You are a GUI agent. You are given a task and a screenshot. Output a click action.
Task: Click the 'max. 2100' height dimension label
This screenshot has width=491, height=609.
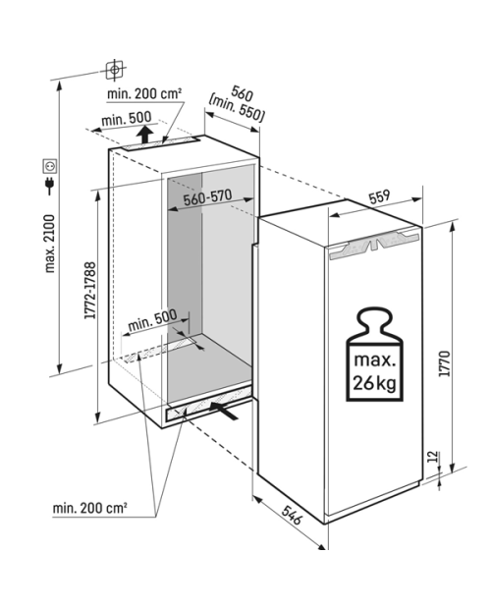pos(50,244)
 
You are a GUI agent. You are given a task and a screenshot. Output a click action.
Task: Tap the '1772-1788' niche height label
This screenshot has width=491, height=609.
pos(90,291)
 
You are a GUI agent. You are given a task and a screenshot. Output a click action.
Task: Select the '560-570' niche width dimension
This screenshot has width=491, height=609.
pos(207,197)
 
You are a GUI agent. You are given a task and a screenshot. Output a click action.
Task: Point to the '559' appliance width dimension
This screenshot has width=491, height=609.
pos(379,196)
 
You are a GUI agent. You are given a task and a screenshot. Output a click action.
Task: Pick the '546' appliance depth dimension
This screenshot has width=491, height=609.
pos(291,515)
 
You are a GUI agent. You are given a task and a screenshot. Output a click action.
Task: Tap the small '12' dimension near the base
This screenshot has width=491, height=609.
pos(434,456)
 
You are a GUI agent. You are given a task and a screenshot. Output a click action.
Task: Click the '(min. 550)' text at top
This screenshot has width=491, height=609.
pos(237,108)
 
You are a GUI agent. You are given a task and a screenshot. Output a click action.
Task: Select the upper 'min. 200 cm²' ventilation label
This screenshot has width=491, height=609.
pos(144,93)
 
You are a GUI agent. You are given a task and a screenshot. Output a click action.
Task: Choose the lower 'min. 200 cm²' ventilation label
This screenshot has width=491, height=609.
pos(90,508)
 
